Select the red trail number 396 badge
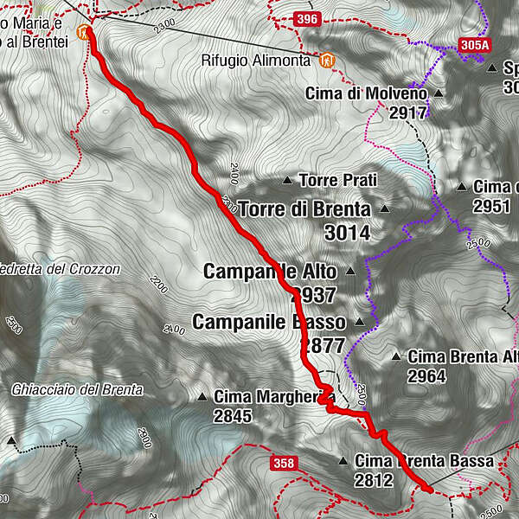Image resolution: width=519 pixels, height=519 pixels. point(306,18)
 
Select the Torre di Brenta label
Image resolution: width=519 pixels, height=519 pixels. point(304,208)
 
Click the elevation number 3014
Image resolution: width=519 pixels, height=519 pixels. point(347,233)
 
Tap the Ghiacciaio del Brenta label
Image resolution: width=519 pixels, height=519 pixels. point(77,389)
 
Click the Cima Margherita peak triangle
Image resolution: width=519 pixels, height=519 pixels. point(202,397)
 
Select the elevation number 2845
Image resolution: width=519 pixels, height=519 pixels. point(233,416)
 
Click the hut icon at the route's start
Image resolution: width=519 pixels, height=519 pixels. point(82,33)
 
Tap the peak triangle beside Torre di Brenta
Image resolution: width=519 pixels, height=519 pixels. point(384,209)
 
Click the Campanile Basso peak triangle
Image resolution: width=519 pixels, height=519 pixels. point(359,323)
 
